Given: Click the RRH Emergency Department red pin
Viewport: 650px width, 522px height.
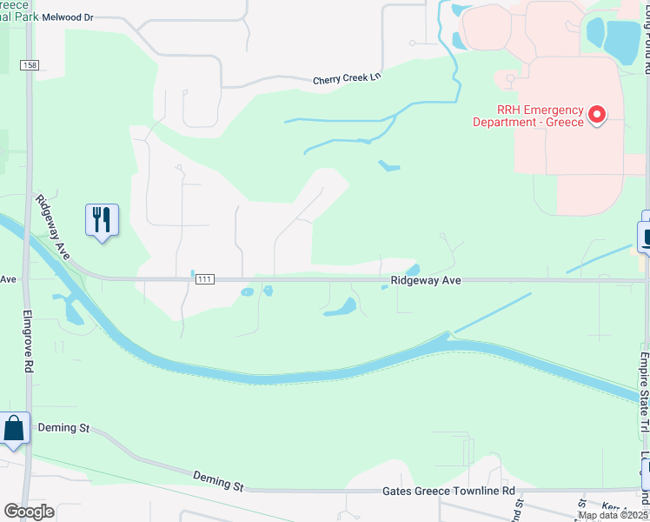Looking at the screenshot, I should coord(597,114).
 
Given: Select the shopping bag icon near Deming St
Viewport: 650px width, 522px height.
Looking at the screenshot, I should coord(15,429).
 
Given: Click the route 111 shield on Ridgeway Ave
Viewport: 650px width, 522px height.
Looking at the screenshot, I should coord(204,278).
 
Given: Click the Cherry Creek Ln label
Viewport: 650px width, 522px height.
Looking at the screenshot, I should coord(348,80).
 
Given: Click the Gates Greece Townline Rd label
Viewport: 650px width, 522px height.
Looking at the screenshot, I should coord(448,492).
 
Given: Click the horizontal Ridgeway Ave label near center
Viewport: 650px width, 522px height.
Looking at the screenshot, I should coord(425,281).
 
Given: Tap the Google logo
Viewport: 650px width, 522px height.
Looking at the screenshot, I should coord(29,512).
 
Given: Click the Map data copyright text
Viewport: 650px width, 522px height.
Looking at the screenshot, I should coord(613,515).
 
